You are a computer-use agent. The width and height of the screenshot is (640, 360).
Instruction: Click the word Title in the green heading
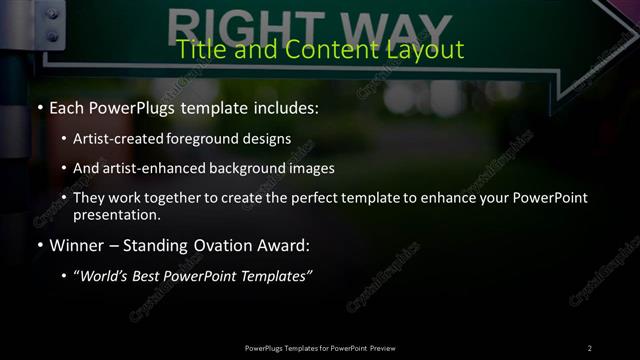tap(197, 49)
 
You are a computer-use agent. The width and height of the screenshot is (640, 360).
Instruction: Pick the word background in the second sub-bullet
tap(247, 168)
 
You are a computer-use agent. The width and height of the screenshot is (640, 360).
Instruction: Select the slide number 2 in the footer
tap(590, 348)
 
